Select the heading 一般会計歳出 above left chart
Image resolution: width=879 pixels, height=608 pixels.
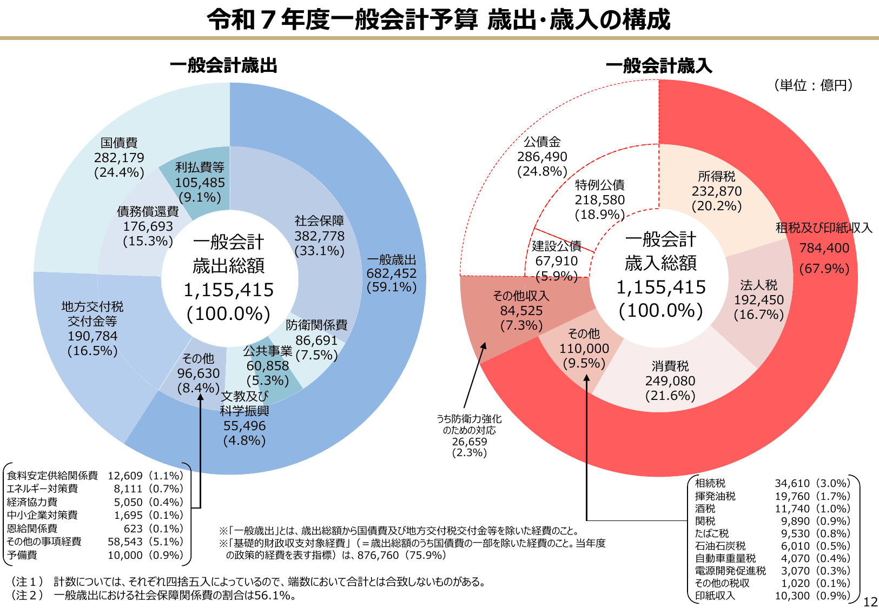[x=223, y=66]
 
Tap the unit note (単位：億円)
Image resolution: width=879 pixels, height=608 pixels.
[x=814, y=85]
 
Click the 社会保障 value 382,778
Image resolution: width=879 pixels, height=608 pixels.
[x=319, y=236]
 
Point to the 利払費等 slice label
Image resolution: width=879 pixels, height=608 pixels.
[x=200, y=168]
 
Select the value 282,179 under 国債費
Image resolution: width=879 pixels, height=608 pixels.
[x=119, y=158]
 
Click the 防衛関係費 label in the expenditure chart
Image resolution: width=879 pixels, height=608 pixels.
[x=316, y=325]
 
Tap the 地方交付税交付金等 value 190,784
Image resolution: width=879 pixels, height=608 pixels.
[x=92, y=336]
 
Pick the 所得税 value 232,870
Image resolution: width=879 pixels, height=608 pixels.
[x=717, y=191]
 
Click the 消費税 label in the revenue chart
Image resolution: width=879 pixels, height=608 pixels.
[x=670, y=366]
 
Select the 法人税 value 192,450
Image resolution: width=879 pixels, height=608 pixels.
[x=758, y=300]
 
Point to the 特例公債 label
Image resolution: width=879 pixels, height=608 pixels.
[x=600, y=185]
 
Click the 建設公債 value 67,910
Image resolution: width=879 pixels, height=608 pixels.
[x=556, y=261]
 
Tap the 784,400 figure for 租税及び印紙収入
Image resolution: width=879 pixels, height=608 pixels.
[x=824, y=248]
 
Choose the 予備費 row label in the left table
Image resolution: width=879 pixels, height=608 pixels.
[x=22, y=555]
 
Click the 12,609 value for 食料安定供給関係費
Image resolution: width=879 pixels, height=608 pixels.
[x=125, y=476]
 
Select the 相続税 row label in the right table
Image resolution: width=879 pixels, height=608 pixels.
[x=710, y=483]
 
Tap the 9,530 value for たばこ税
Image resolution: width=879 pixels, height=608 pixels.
[x=795, y=533]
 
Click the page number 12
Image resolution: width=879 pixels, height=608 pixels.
[x=870, y=602]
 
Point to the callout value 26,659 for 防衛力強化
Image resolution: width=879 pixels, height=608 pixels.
[x=470, y=442]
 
